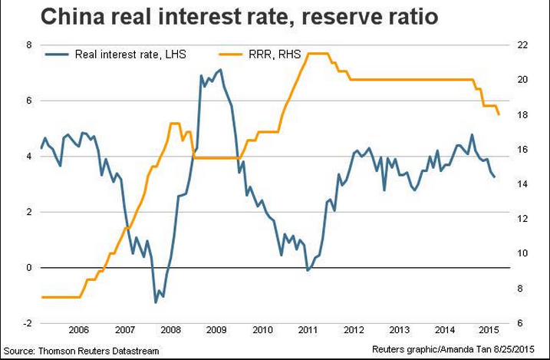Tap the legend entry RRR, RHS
[273, 55]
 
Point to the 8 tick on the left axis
[28, 45]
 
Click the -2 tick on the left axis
[27, 323]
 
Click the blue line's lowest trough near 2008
[156, 302]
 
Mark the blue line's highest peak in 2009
[221, 70]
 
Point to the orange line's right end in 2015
[499, 114]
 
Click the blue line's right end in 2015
[495, 177]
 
